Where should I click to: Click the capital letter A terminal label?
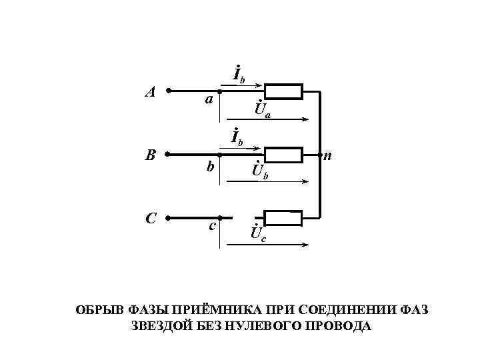point(151,92)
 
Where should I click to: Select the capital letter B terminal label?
point(151,155)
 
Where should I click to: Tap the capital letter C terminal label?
point(151,218)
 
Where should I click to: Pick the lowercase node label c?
point(211,226)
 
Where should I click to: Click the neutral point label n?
point(328,157)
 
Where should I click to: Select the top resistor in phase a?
point(283,91)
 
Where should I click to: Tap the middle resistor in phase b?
point(283,155)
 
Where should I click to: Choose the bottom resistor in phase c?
point(283,217)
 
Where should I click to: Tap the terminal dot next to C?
point(168,217)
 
